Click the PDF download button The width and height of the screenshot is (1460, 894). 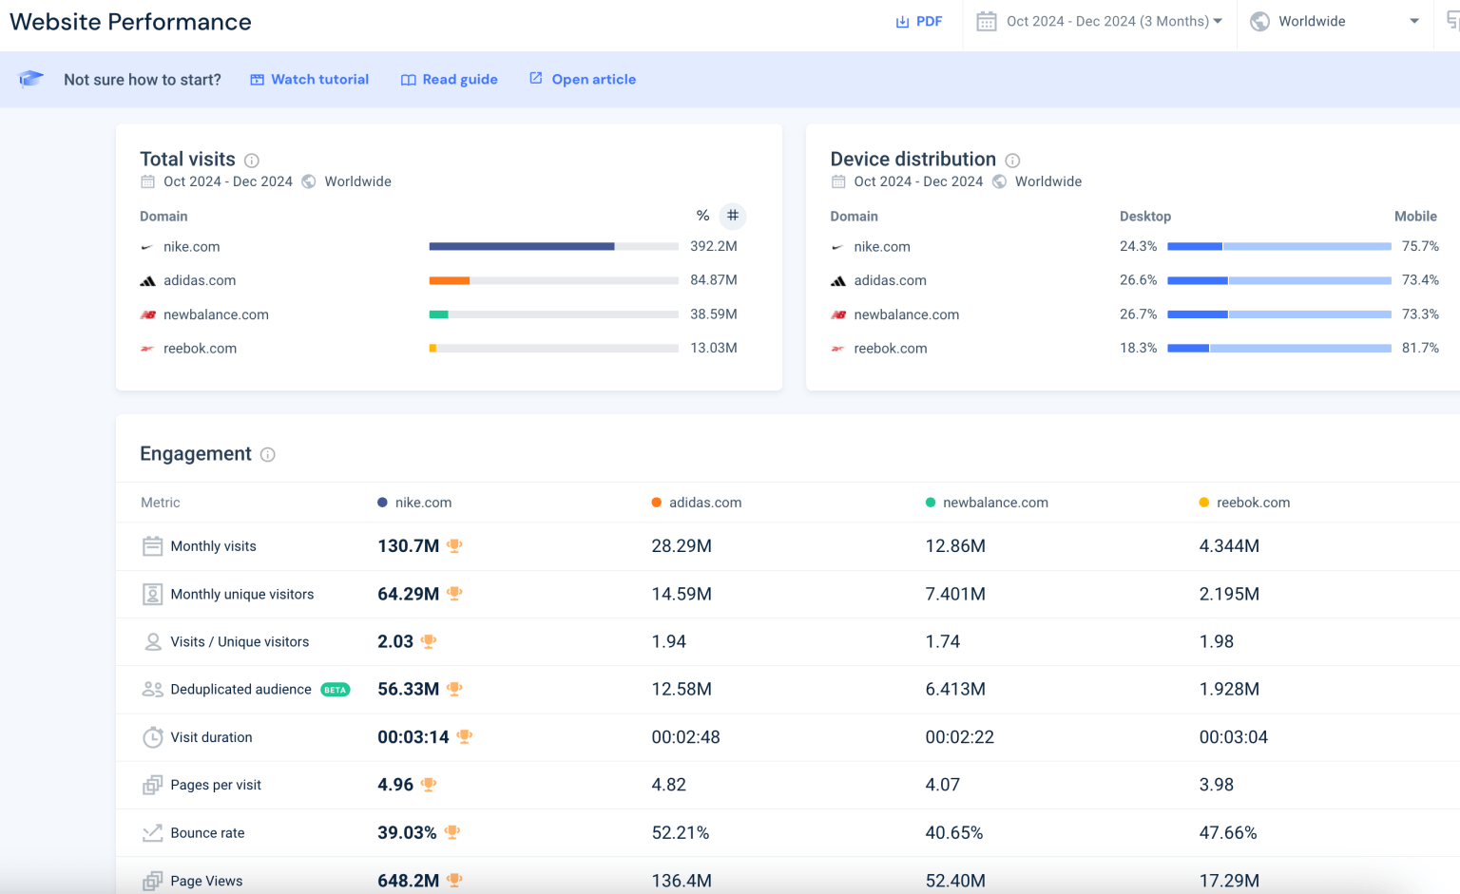(918, 22)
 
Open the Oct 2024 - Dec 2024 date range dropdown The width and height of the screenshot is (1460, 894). (1100, 22)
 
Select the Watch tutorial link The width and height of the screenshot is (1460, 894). (310, 80)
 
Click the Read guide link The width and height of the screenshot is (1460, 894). (450, 80)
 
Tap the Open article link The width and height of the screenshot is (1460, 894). (583, 80)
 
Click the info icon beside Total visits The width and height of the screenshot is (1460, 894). (252, 161)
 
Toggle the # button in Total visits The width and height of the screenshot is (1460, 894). (732, 217)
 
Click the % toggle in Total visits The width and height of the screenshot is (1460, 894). (702, 217)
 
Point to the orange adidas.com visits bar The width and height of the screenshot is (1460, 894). (450, 280)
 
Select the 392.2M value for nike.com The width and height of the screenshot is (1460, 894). (713, 246)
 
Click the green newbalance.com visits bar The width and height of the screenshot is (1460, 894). (438, 314)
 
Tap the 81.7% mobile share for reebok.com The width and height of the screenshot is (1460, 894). (1420, 349)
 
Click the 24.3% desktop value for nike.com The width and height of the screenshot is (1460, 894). (1138, 246)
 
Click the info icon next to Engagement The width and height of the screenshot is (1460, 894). (268, 455)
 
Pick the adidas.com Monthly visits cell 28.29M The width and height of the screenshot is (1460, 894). (682, 546)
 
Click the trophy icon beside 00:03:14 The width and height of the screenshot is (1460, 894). (465, 736)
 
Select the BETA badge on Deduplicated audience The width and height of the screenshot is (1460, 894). (335, 690)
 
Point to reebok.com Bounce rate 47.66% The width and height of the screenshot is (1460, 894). (1228, 833)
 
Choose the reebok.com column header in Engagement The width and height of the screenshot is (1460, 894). (1252, 503)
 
